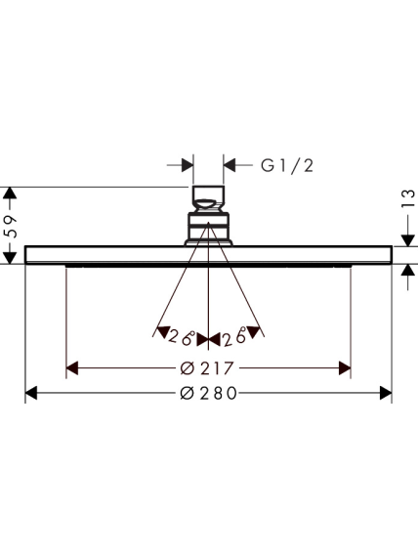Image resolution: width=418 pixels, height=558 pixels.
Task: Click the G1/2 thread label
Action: tap(287, 166)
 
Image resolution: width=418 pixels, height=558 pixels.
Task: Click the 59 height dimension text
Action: tap(11, 227)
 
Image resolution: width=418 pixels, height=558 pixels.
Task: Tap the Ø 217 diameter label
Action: tap(207, 368)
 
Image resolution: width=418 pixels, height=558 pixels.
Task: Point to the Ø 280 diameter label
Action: tap(208, 393)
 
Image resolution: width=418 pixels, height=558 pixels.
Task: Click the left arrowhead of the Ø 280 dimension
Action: tap(31, 393)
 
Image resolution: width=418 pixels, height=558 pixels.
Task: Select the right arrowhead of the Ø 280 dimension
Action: tap(386, 393)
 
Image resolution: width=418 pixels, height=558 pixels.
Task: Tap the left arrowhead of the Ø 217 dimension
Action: tap(72, 368)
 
